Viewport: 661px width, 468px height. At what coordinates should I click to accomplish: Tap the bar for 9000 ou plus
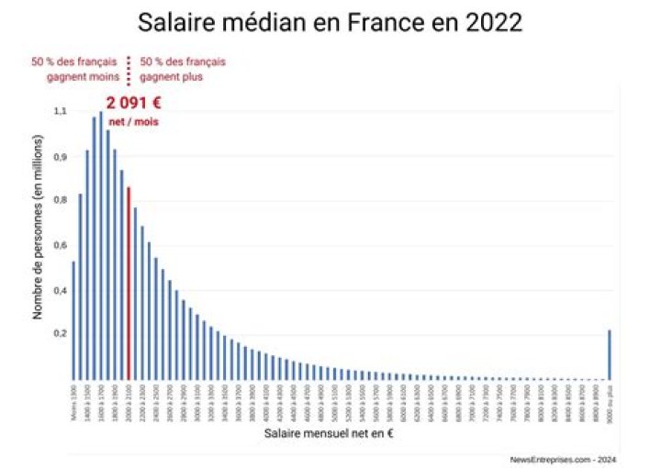tap(610, 354)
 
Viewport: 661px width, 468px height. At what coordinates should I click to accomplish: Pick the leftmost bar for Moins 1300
tap(73, 320)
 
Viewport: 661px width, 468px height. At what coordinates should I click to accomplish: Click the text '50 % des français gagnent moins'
tap(74, 69)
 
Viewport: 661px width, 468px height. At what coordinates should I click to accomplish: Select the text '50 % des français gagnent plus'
tap(182, 69)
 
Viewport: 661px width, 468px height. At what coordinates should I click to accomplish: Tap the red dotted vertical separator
tap(129, 69)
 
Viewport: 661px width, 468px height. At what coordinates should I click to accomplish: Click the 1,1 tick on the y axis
tap(61, 111)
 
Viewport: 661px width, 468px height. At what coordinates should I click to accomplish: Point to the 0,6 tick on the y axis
tap(61, 245)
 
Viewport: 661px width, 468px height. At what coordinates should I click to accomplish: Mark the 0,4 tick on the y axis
tap(61, 291)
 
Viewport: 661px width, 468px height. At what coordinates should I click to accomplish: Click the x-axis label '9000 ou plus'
tap(610, 399)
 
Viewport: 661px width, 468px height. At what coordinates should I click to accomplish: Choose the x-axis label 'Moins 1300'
tap(73, 401)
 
